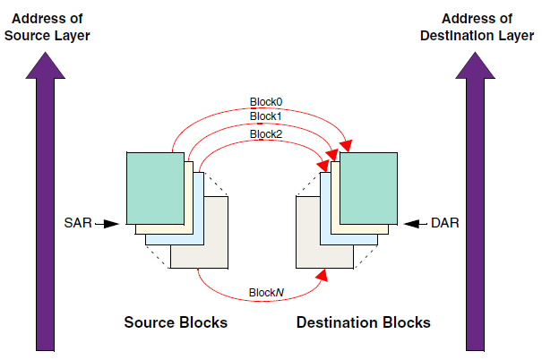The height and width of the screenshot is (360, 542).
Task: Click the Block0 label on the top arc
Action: [266, 100]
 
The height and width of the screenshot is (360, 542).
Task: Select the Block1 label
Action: [266, 116]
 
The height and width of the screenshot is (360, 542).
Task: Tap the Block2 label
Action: [266, 133]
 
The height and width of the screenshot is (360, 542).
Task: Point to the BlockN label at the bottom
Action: [266, 293]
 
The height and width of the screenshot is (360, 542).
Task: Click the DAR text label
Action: [444, 221]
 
